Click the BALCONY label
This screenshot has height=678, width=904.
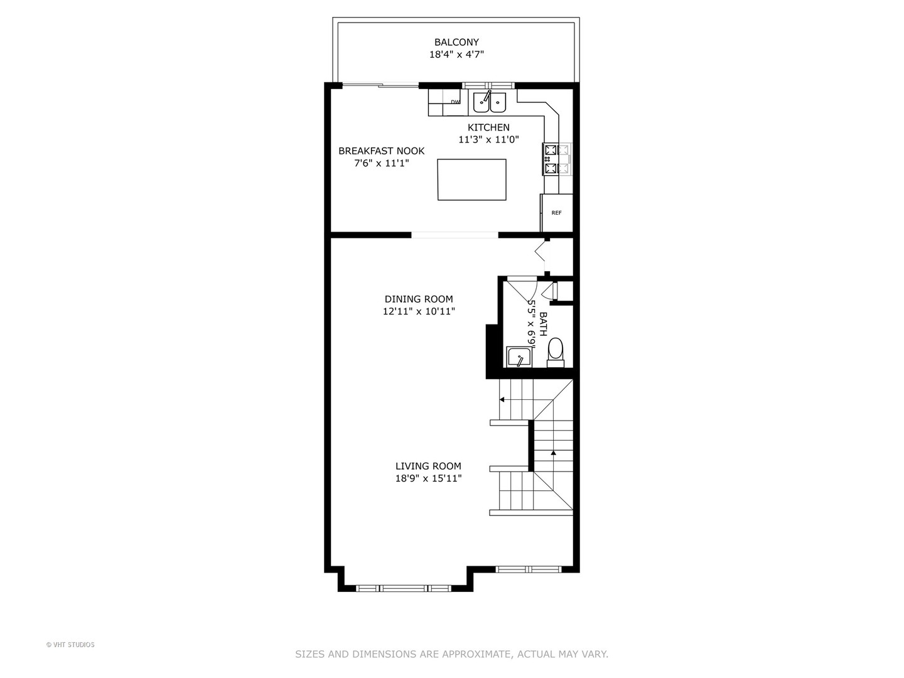pyautogui.click(x=456, y=42)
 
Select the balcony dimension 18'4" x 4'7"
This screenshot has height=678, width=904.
pyautogui.click(x=456, y=55)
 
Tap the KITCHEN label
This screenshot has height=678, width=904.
pyautogui.click(x=488, y=127)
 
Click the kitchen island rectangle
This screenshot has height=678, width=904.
pyautogui.click(x=471, y=180)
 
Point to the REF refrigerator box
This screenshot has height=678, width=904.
pyautogui.click(x=556, y=213)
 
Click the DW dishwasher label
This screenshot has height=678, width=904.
pyautogui.click(x=455, y=102)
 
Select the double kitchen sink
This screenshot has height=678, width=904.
pyautogui.click(x=490, y=101)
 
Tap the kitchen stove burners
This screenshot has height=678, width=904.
pyautogui.click(x=550, y=159)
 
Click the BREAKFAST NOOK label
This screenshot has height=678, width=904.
pyautogui.click(x=381, y=151)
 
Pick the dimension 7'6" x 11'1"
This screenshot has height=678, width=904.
pyautogui.click(x=381, y=163)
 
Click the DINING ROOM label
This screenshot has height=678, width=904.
pyautogui.click(x=419, y=299)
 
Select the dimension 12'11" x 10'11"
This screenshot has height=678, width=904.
pyautogui.click(x=419, y=311)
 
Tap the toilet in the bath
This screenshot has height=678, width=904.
pyautogui.click(x=556, y=352)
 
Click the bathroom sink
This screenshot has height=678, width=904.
pyautogui.click(x=519, y=358)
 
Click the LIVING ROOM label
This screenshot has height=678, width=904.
pyautogui.click(x=428, y=466)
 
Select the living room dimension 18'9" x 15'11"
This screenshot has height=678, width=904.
pyautogui.click(x=428, y=478)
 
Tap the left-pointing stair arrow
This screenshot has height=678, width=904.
pyautogui.click(x=502, y=399)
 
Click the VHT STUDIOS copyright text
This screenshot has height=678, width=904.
pyautogui.click(x=70, y=645)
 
